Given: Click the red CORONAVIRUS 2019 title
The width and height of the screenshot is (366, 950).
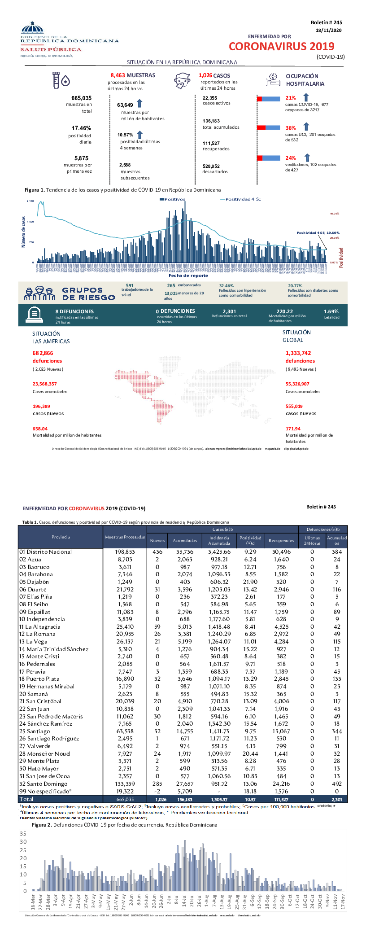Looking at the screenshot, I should click(x=281, y=46).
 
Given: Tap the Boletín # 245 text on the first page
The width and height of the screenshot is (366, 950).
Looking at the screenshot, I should click(x=326, y=22).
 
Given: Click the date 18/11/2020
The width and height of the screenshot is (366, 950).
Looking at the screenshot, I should click(x=328, y=31).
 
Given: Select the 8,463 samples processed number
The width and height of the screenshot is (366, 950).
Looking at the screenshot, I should click(x=118, y=75).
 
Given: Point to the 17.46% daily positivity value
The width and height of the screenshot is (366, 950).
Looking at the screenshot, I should click(x=81, y=128).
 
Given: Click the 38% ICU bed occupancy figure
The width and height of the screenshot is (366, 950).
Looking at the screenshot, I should click(x=291, y=128).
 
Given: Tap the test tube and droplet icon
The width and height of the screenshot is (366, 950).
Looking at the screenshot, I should click(x=61, y=80).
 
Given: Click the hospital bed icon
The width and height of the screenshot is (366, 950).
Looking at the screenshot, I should click(x=273, y=80).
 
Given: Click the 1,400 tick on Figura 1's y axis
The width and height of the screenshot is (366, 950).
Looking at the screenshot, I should click(x=30, y=222).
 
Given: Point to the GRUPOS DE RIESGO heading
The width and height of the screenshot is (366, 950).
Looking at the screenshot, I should click(x=88, y=294).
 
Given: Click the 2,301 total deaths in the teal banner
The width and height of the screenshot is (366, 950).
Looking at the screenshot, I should click(x=229, y=311).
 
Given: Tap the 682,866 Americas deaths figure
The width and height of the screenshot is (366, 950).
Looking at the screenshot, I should click(x=43, y=353).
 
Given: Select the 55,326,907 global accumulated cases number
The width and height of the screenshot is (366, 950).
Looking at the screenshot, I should click(x=297, y=384).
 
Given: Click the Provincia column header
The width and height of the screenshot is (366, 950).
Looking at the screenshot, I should click(x=61, y=537).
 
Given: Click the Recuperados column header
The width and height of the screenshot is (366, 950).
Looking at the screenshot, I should click(x=281, y=540).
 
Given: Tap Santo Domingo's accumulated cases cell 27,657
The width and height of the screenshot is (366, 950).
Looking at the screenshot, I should click(x=185, y=784).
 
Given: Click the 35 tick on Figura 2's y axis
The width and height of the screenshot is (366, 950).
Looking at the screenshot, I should click(x=23, y=833).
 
